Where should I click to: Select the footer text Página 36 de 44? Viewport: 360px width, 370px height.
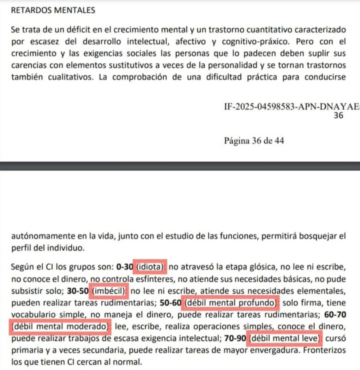pyautogui.click(x=254, y=141)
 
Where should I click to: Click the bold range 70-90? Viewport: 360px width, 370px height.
pyautogui.click(x=235, y=338)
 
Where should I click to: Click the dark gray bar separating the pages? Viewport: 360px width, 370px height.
pyautogui.click(x=180, y=166)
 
